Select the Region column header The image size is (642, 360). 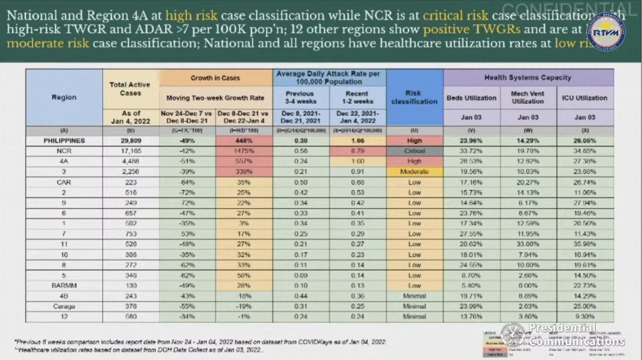coord(64,98)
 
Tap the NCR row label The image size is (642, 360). coord(64,152)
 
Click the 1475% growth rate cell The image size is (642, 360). coord(245,152)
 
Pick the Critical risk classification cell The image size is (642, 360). coord(415,152)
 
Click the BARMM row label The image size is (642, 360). coord(64,286)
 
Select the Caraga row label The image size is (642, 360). coord(64,306)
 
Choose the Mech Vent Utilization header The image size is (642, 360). coord(528,98)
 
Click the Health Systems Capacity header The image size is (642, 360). coord(528,78)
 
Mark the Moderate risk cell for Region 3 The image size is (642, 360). coord(415,171)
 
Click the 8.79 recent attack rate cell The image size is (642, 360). coord(359,152)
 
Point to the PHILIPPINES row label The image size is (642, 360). coord(64,142)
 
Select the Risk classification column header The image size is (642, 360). coord(415,98)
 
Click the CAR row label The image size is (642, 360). coord(64,181)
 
